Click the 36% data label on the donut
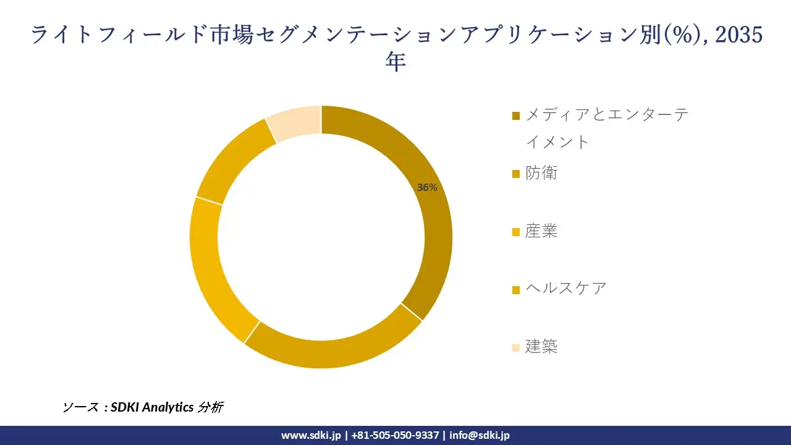coord(427,188)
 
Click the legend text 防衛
coord(541,174)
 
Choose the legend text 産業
coord(541,231)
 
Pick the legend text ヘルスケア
coord(566,289)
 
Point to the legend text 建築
coord(541,346)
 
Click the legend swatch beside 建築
coord(516,347)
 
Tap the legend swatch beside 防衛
coord(516,175)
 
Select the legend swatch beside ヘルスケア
coord(516,290)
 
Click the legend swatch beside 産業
coord(516,232)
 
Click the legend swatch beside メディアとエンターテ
coord(516,116)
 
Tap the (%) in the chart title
coord(684,36)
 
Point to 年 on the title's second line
coord(395,62)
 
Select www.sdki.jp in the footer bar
coord(311,435)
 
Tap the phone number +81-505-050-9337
coord(395,435)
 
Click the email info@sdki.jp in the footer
coord(480,435)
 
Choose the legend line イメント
coord(557,142)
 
